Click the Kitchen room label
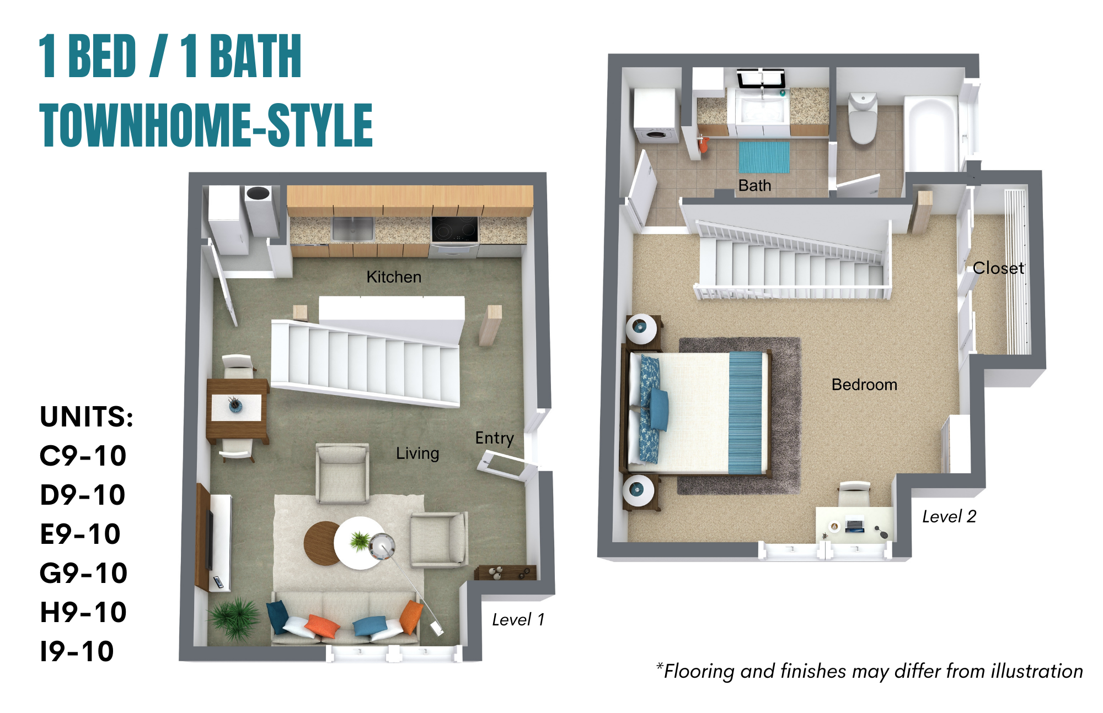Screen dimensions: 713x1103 click(394, 277)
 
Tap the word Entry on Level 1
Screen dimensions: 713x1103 click(494, 438)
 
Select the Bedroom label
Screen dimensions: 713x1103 click(864, 385)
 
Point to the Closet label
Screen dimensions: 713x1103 click(998, 268)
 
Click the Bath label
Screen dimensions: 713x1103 click(754, 186)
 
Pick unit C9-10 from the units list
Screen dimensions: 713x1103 click(83, 456)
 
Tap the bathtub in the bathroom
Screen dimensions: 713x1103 click(931, 135)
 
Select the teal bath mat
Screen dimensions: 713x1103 click(764, 157)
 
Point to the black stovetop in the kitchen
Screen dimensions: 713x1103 click(454, 229)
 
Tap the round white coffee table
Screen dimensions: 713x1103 click(360, 543)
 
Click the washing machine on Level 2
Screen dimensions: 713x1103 click(655, 117)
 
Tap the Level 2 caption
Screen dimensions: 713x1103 click(949, 516)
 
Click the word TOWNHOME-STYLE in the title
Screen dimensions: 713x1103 click(206, 125)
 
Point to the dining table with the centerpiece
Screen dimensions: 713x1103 click(237, 408)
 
